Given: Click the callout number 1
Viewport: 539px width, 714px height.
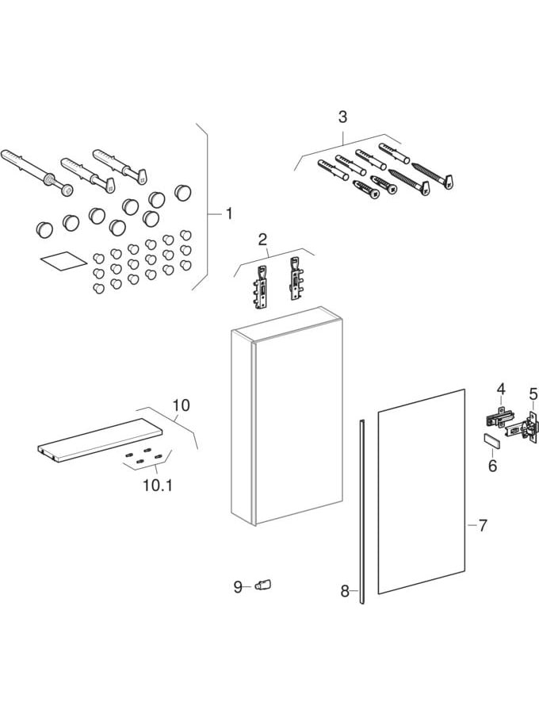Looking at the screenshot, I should pyautogui.click(x=228, y=213).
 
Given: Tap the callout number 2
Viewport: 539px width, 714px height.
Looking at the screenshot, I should pyautogui.click(x=263, y=238).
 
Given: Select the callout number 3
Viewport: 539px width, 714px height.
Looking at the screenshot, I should pyautogui.click(x=342, y=117).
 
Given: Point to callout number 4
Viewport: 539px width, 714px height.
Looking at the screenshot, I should pyautogui.click(x=501, y=389).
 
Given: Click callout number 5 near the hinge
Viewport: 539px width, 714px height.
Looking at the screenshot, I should pyautogui.click(x=533, y=394).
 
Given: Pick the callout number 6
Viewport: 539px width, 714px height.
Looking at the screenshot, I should pyautogui.click(x=492, y=466).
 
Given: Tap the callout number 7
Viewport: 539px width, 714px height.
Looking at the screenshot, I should pyautogui.click(x=483, y=525).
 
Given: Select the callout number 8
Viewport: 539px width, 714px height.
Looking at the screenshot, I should pyautogui.click(x=345, y=590).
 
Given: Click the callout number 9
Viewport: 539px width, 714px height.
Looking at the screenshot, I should pyautogui.click(x=238, y=587).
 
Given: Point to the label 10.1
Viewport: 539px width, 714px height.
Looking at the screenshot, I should pyautogui.click(x=157, y=483).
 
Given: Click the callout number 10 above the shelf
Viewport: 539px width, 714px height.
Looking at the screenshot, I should pyautogui.click(x=181, y=405).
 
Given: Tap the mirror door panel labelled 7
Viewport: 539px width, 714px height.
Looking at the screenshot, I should pyautogui.click(x=420, y=492).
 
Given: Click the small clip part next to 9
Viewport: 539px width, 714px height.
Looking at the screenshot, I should pyautogui.click(x=262, y=585).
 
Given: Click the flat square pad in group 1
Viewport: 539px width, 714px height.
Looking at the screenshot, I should pyautogui.click(x=59, y=263).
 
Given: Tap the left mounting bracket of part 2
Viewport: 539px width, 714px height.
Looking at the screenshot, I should pyautogui.click(x=261, y=283).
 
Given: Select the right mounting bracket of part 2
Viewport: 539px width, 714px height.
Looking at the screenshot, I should pyautogui.click(x=295, y=277).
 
